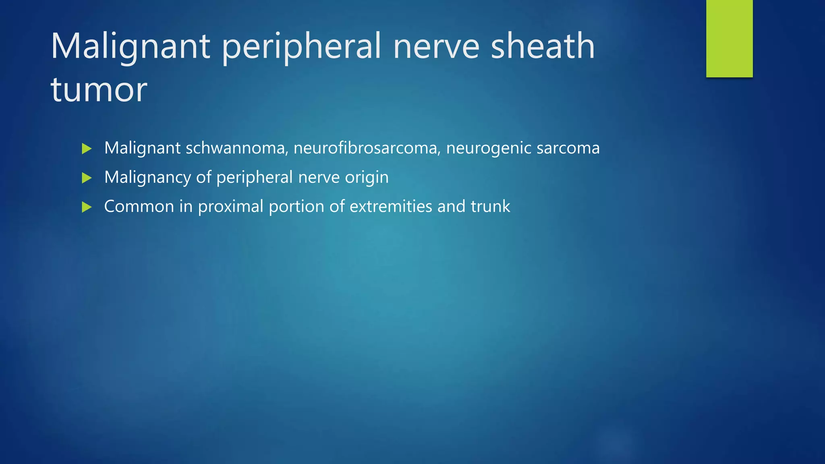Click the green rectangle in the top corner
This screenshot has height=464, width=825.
[729, 38]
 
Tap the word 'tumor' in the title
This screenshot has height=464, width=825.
[99, 89]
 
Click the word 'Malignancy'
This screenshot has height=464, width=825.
[147, 177]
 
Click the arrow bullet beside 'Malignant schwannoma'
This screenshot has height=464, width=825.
[87, 148]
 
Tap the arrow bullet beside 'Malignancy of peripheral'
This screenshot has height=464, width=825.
[87, 178]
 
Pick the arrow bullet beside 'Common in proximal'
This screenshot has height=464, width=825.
[87, 207]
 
